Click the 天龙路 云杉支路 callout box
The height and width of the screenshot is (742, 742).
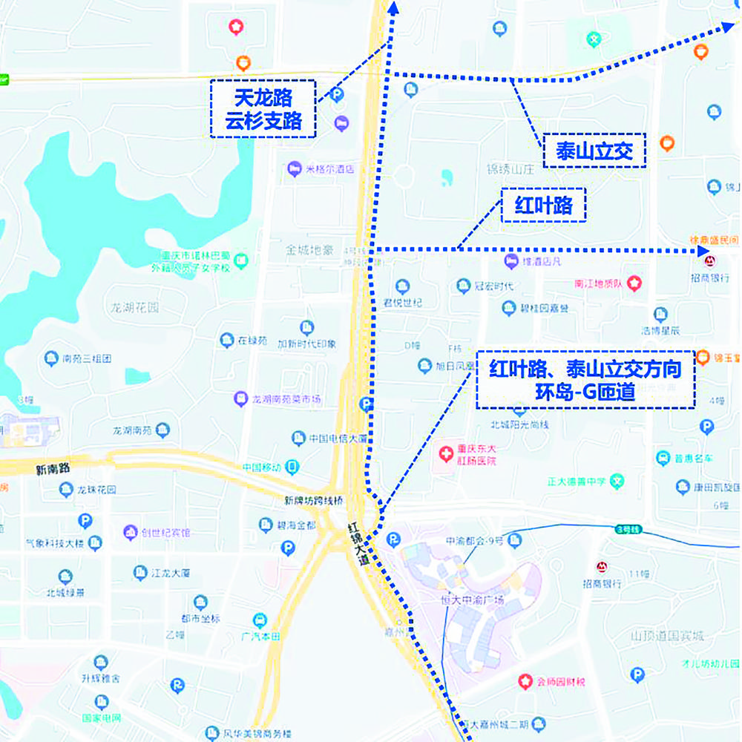coord(263,109)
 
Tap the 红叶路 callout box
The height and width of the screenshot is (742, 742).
coord(544,205)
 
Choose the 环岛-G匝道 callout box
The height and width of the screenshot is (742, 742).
coord(585,379)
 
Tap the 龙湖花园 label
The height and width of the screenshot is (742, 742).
coord(136,307)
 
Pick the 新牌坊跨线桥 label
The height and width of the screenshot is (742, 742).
coord(315,500)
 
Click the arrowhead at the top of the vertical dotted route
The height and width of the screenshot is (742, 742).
coord(393,7)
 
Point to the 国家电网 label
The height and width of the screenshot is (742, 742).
coord(102,718)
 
